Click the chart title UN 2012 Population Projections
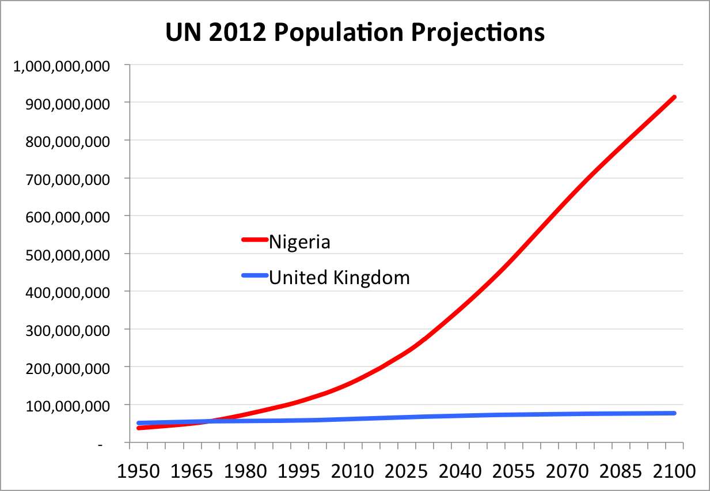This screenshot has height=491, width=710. (355, 33)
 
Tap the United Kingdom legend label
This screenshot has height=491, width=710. (339, 277)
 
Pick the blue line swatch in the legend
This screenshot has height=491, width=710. (255, 276)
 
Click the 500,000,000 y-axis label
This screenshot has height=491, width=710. (65, 254)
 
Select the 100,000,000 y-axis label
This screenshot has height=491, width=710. (65, 406)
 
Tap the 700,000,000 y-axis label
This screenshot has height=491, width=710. (65, 179)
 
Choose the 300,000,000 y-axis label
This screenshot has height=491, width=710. (65, 330)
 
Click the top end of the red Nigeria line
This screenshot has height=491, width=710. (674, 97)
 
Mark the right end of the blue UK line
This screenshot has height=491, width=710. (674, 413)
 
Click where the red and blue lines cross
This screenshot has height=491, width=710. (207, 421)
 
